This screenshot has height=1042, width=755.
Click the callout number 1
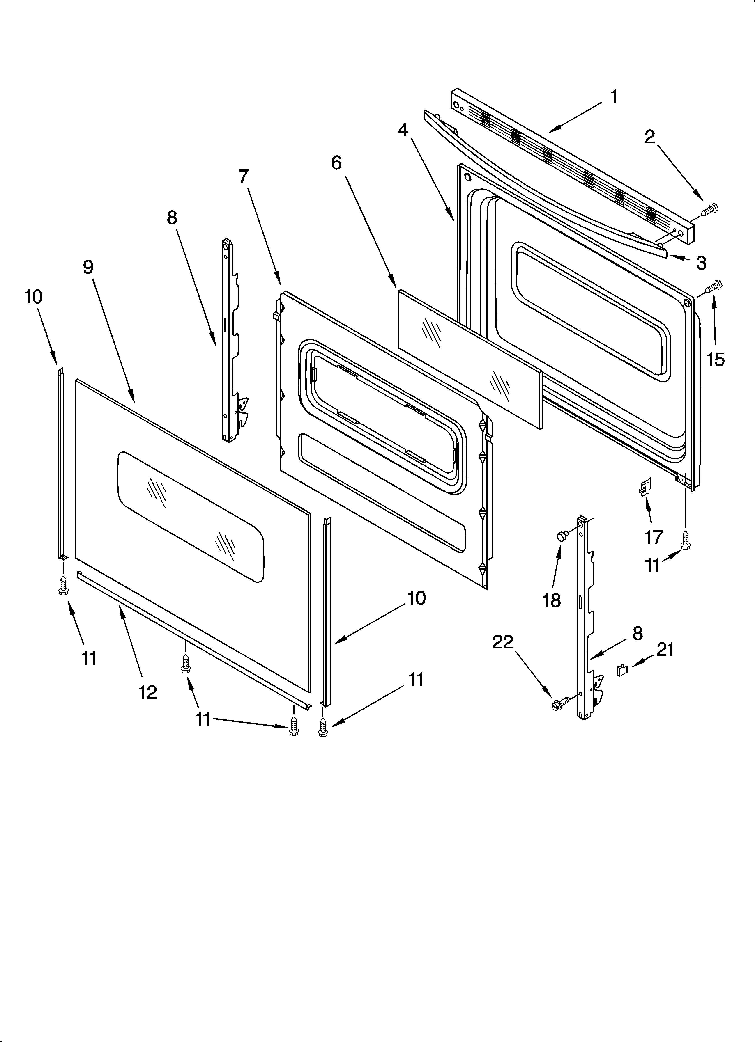[614, 97]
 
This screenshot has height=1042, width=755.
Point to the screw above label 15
[714, 287]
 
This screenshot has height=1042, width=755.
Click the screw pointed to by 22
[560, 703]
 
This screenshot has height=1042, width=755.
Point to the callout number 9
[88, 267]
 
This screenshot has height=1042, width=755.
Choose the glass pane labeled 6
[469, 358]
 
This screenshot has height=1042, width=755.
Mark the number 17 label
[653, 537]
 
